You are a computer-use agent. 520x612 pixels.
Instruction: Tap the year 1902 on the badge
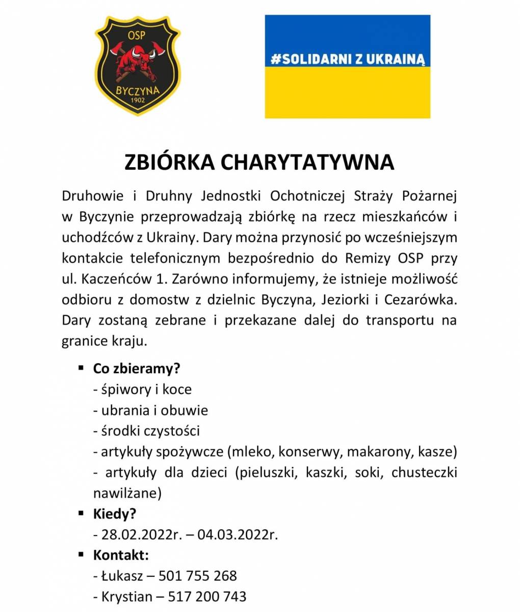[138, 100]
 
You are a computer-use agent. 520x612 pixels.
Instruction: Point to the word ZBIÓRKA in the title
[170, 162]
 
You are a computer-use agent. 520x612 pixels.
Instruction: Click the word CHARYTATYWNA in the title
[307, 162]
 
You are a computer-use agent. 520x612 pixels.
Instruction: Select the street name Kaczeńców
[122, 279]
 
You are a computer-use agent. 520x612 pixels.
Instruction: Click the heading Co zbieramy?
[137, 368]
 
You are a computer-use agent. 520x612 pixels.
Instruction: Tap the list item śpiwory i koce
[142, 389]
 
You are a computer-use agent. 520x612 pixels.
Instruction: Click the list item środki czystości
[146, 431]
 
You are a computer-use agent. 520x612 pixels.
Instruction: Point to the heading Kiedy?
[115, 514]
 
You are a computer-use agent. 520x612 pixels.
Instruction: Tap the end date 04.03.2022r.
[238, 534]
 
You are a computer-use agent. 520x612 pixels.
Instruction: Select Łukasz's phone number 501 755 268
[198, 576]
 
